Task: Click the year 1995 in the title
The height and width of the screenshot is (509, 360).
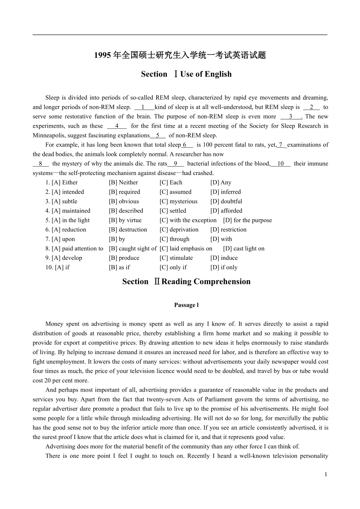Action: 102,55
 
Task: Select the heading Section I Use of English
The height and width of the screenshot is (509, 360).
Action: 186,74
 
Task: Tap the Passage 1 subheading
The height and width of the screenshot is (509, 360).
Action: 186,305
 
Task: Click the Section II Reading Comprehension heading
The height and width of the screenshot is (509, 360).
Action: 186,282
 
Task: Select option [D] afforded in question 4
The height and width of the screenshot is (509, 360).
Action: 226,211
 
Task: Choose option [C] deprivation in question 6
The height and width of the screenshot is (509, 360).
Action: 179,230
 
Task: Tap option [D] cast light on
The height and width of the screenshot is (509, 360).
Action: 244,249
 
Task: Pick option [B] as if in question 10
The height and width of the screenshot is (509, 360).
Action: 119,267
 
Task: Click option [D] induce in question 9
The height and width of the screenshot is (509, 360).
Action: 224,258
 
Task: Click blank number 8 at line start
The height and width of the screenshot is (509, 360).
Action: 41,164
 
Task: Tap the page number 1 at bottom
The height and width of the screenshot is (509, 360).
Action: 326,475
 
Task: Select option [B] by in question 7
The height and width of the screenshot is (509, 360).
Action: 117,239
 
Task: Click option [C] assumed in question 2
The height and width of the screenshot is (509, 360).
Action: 175,192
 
